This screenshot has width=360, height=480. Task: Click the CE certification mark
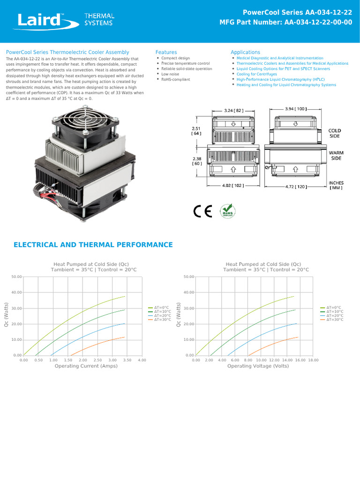coord(202,212)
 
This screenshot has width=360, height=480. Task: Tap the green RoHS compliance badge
coord(228,211)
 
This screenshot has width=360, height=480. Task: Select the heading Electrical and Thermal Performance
coord(93,245)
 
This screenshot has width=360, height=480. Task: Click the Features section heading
coord(166,52)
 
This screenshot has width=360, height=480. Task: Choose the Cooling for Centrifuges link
coord(256,74)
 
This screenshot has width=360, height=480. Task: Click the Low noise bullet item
coord(170,74)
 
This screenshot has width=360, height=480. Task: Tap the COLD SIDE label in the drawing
coord(335,133)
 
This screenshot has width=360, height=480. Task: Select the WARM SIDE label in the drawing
coord(336,156)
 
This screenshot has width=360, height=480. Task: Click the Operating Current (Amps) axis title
coord(86,366)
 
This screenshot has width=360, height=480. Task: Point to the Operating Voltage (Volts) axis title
coord(258,366)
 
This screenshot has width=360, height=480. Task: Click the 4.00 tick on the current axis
coord(142,360)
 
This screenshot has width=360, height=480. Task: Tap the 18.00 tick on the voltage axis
coord(313,360)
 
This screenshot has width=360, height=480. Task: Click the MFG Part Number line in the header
coord(286,22)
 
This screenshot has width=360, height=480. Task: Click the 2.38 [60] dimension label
coord(196,161)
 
